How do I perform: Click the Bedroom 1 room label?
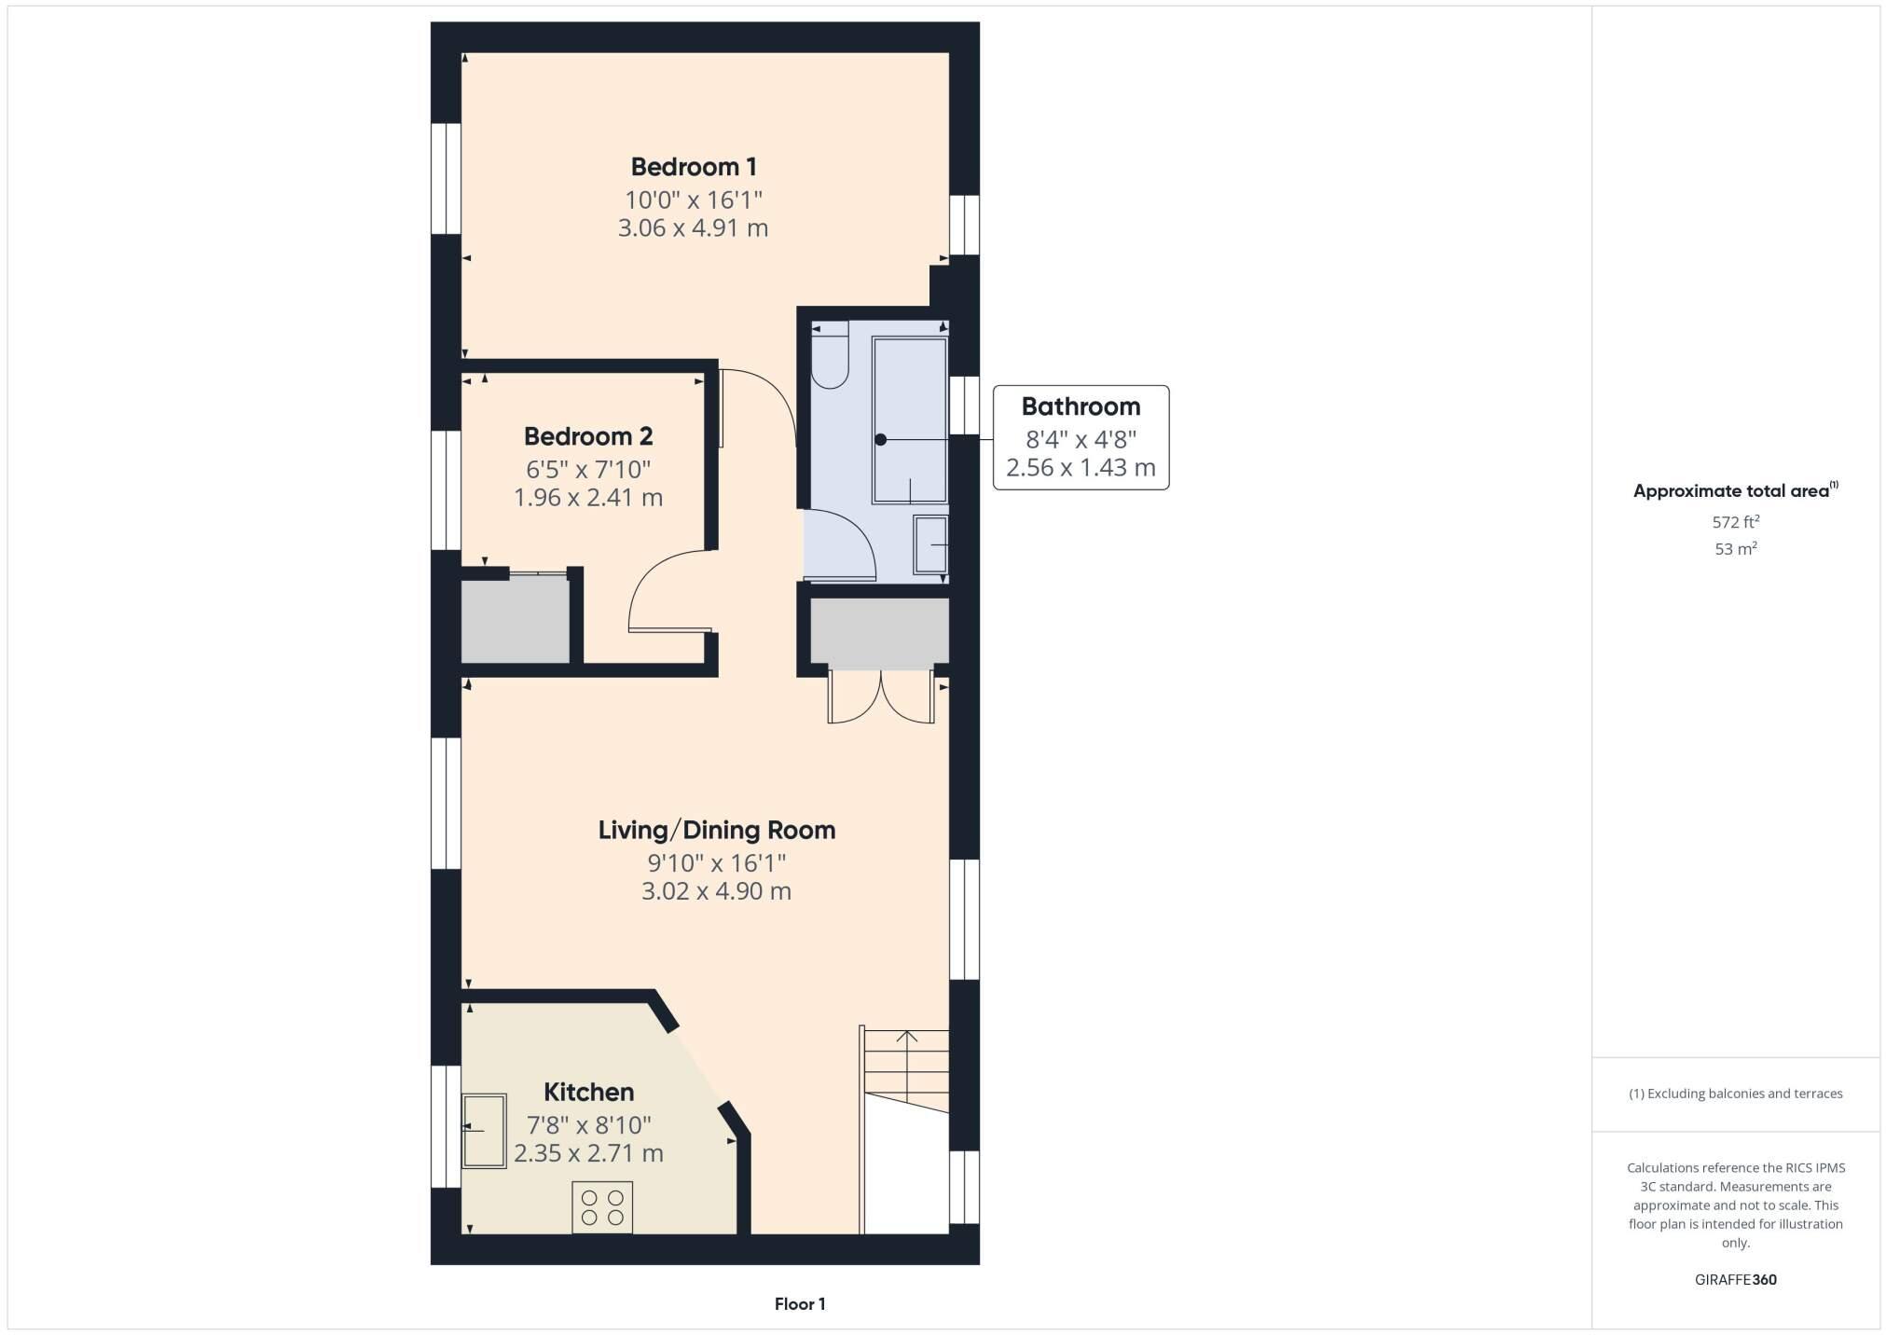693,167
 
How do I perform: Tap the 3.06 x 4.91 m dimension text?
693,228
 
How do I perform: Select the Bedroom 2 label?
587,436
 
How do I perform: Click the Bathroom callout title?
1081,406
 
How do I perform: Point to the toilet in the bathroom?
829,358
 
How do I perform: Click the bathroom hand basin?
930,544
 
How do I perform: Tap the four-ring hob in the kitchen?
601,1207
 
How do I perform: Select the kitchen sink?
484,1131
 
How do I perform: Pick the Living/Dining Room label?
716,830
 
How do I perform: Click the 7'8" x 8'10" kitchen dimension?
588,1125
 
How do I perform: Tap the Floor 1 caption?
799,1304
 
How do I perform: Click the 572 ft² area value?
1735,522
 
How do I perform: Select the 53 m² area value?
1735,549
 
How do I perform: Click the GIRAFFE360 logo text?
1735,1280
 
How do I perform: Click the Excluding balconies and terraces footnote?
1735,1094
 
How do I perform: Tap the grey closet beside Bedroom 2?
515,620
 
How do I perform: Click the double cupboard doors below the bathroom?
880,697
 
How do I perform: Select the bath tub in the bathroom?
909,420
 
